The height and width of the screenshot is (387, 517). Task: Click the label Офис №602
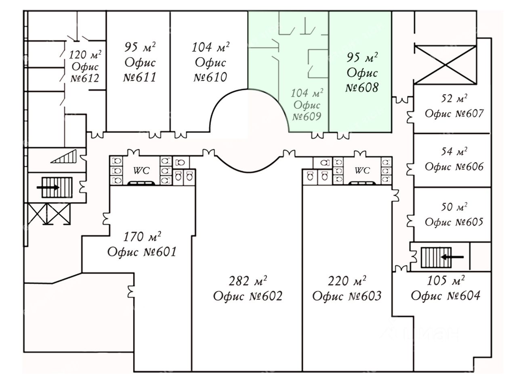248,296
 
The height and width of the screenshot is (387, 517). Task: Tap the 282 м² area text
248,281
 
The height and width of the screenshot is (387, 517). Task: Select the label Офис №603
347,296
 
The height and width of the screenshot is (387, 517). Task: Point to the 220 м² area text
347,281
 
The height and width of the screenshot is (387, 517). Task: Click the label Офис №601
142,252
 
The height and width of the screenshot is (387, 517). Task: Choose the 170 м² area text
142,237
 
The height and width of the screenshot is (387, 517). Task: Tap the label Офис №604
446,296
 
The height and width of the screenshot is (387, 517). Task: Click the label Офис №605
454,222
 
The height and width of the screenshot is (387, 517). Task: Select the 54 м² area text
454,152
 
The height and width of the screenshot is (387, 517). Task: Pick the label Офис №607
454,114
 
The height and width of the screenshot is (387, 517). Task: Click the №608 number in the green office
362,87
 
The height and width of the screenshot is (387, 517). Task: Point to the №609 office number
307,117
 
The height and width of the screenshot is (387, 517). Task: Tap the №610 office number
210,77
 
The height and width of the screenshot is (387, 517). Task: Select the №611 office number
139,77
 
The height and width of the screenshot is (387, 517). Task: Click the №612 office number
84,78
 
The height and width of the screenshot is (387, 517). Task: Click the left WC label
141,171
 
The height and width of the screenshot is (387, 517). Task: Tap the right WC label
362,171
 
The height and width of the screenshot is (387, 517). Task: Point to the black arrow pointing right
48,187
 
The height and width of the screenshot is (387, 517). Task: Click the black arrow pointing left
452,256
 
